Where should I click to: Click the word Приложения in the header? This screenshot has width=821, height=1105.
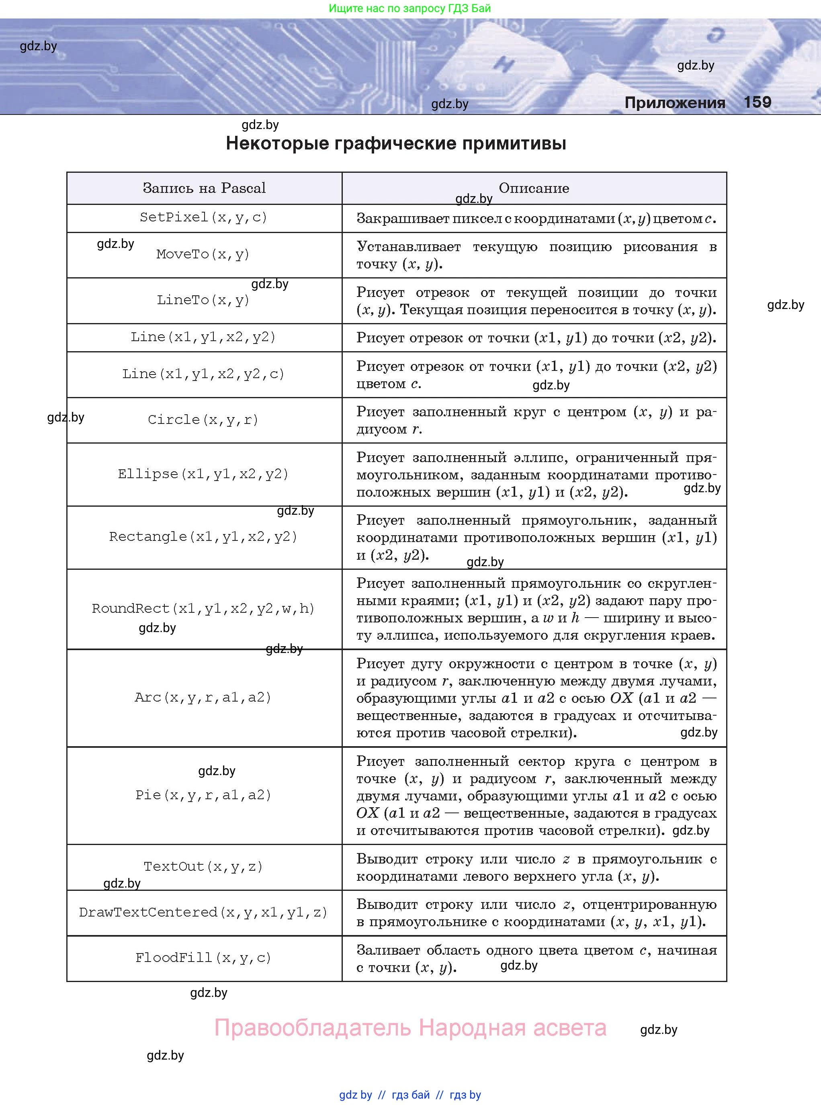pyautogui.click(x=674, y=103)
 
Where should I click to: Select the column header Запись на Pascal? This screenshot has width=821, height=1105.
pyautogui.click(x=204, y=188)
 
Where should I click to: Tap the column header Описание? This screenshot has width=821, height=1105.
pyautogui.click(x=534, y=188)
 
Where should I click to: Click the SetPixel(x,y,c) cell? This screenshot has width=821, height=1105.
pyautogui.click(x=204, y=218)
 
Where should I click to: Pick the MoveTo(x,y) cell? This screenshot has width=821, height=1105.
pyautogui.click(x=203, y=254)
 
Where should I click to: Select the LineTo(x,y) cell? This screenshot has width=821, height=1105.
pyautogui.click(x=203, y=300)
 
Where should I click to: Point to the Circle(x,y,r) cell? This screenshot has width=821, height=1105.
pyautogui.click(x=203, y=420)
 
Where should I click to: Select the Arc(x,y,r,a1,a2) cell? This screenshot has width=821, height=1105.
pyautogui.click(x=203, y=698)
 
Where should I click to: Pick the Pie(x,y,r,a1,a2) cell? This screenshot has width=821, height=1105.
pyautogui.click(x=203, y=795)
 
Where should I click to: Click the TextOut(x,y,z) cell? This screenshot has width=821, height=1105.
pyautogui.click(x=203, y=866)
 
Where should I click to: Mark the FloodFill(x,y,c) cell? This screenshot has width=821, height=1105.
pyautogui.click(x=203, y=958)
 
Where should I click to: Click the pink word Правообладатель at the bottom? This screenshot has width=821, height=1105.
pyautogui.click(x=313, y=1028)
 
